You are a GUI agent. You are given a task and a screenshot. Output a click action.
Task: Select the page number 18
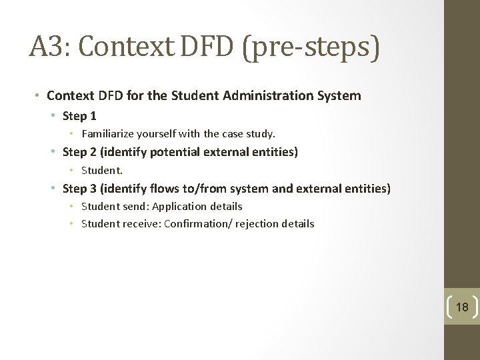(x=462, y=307)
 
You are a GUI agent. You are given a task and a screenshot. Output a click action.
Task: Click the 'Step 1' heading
(x=79, y=116)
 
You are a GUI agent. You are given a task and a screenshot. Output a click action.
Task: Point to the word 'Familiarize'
(x=108, y=134)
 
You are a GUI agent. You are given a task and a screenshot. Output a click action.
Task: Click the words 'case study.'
(x=249, y=134)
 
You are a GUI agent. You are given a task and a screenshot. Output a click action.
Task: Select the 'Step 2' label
(x=79, y=152)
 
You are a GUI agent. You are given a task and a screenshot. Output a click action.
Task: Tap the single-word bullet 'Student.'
(x=102, y=170)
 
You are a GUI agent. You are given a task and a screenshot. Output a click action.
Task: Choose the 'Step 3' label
(x=79, y=189)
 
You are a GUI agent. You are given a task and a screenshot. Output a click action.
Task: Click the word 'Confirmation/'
(x=196, y=224)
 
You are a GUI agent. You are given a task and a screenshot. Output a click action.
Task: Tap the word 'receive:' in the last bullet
(x=141, y=224)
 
